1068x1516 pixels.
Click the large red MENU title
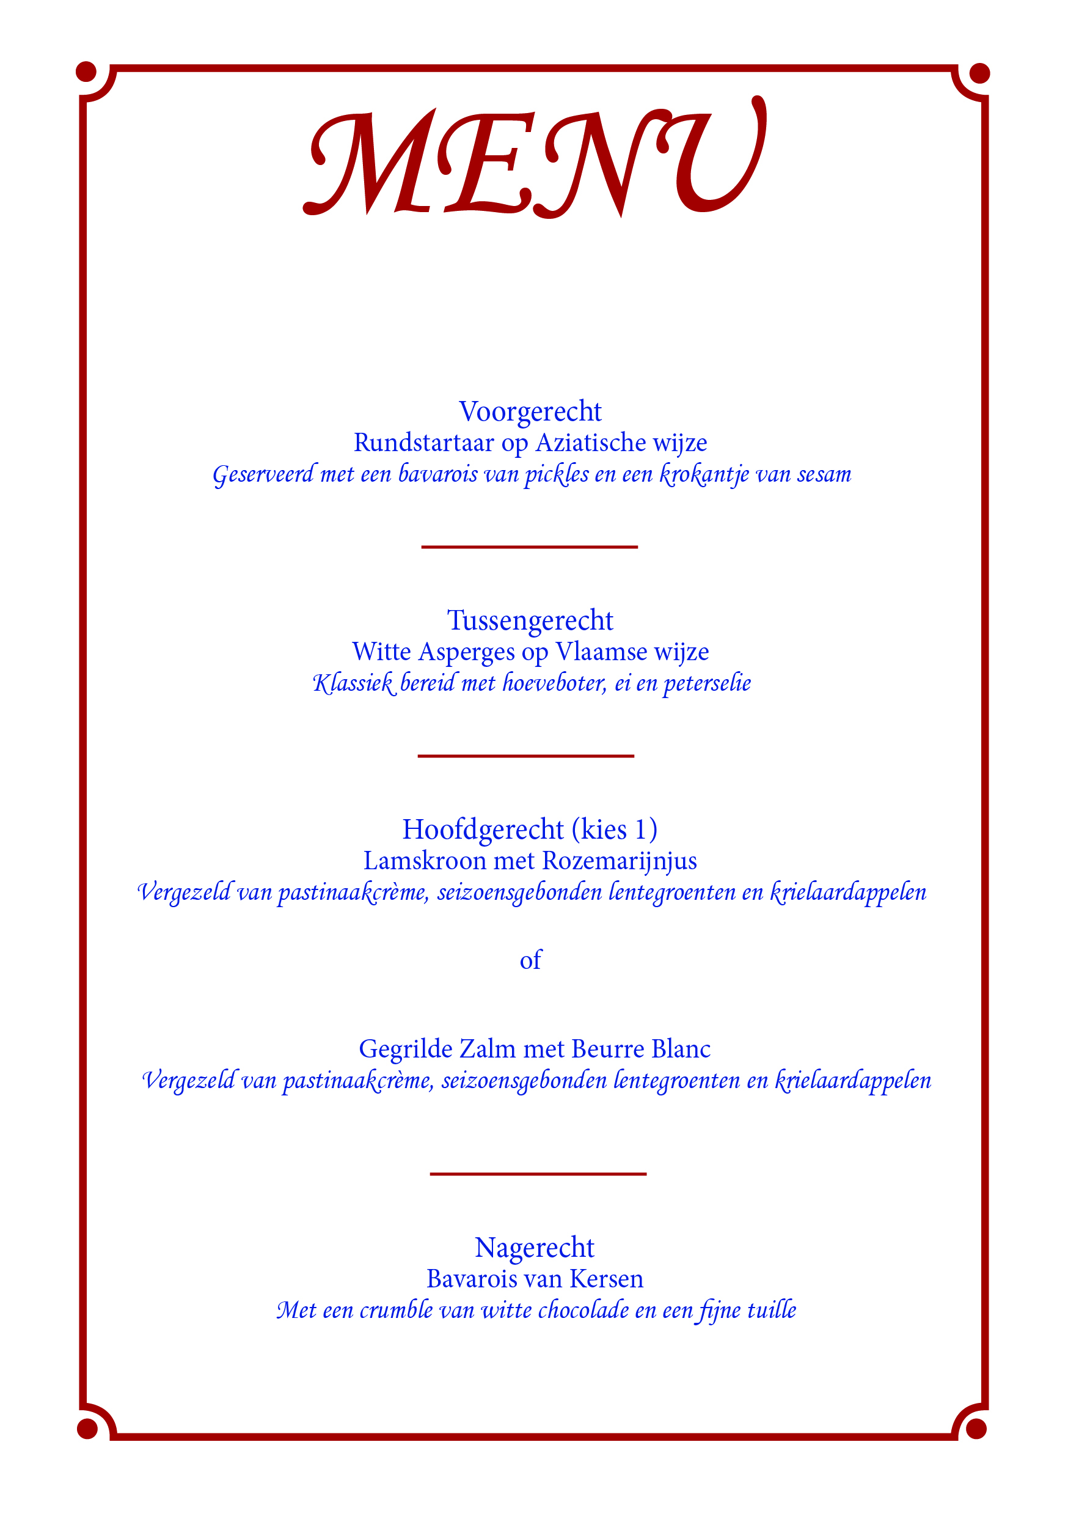pos(535,162)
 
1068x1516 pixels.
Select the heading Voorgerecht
pos(530,412)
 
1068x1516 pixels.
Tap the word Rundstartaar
pos(423,443)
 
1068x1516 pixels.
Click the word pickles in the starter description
pos(557,475)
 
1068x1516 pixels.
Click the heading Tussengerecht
pos(530,620)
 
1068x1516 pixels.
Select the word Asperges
pos(466,652)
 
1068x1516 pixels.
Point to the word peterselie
pos(707,683)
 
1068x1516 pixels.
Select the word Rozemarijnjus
pos(619,861)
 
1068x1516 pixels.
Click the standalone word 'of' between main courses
pos(530,960)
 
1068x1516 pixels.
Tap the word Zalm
pos(487,1049)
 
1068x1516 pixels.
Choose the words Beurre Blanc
pos(641,1049)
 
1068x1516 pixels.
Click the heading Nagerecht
pos(535,1248)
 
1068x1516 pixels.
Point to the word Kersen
pos(606,1279)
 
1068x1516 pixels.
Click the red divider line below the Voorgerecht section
pos(529,547)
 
